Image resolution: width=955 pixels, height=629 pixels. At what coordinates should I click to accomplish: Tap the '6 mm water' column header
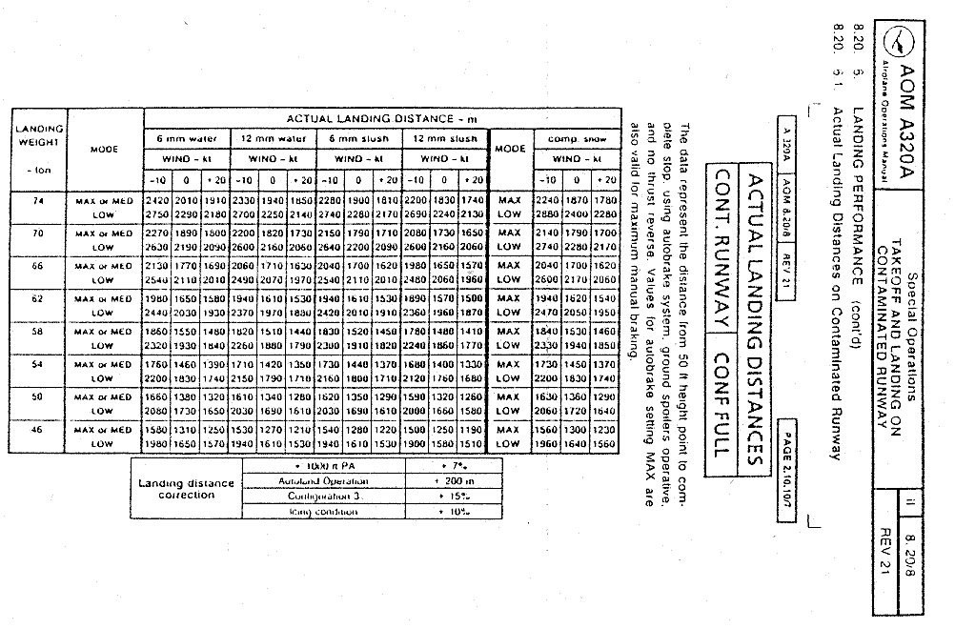click(187, 139)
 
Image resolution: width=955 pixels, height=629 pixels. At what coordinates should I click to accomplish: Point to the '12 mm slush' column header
click(446, 139)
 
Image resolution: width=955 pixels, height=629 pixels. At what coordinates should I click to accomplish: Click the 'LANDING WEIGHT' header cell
click(39, 135)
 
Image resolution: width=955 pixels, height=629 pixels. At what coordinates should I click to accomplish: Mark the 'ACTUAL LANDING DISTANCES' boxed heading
click(751, 318)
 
